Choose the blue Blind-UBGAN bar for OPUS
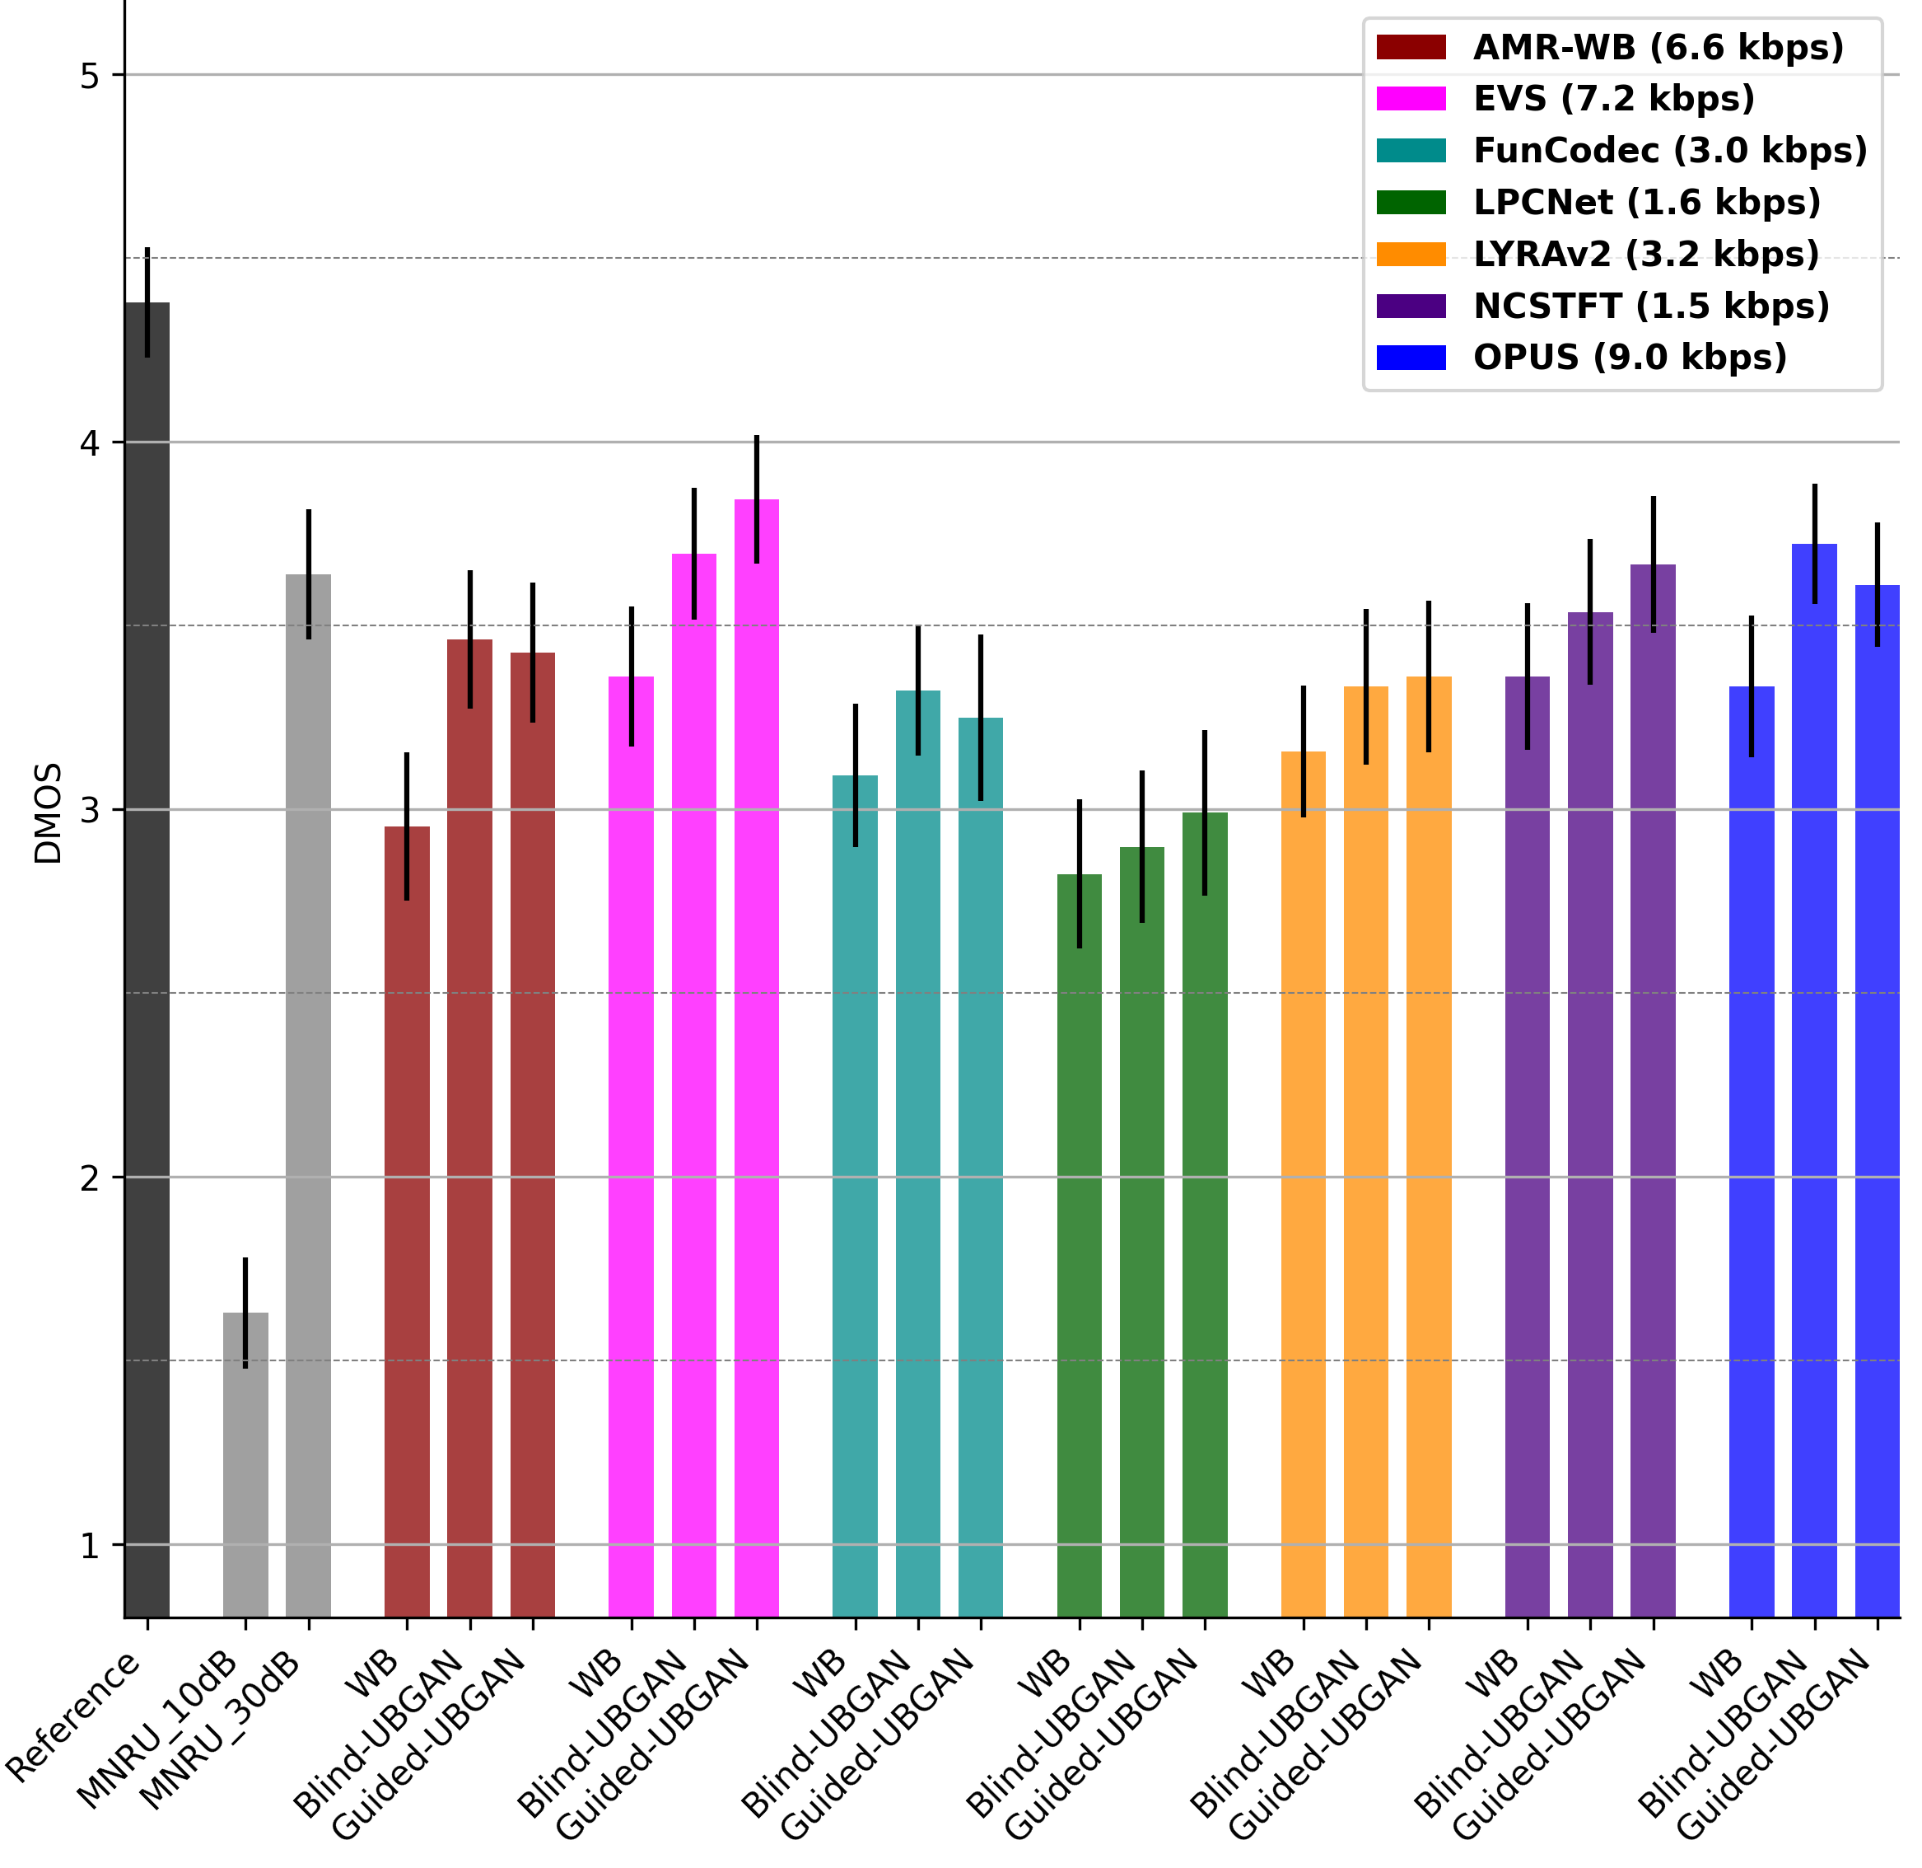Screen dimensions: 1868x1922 (1814, 1079)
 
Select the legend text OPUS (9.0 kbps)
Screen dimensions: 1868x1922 (1630, 357)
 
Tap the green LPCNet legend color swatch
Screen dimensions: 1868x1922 (1411, 202)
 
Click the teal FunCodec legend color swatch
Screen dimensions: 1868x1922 (1411, 150)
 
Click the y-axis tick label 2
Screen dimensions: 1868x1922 (91, 1177)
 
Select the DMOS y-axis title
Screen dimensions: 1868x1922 (47, 813)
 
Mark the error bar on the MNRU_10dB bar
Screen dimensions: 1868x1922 (245, 1312)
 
